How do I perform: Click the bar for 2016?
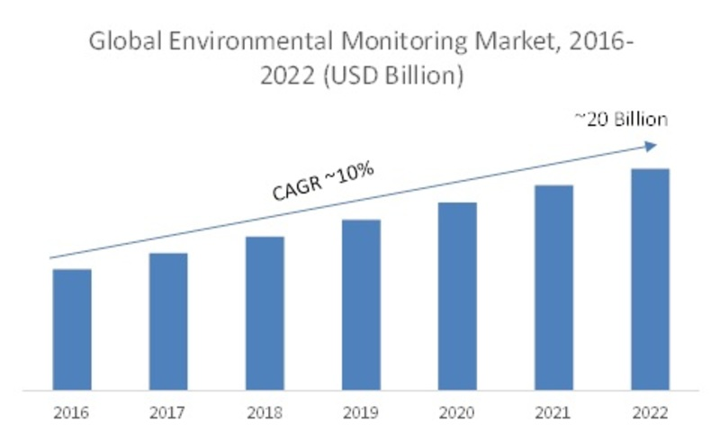[x=72, y=330]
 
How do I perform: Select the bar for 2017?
[x=168, y=322]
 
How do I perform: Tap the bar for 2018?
[x=265, y=314]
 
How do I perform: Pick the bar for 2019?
[x=361, y=305]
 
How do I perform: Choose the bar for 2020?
[x=457, y=297]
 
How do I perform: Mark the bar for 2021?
[x=553, y=288]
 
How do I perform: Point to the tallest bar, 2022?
[x=650, y=280]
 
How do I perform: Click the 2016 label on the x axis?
[x=72, y=414]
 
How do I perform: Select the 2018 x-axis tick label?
[x=265, y=414]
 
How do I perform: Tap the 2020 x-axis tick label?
[x=457, y=414]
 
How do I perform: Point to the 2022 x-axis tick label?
[x=650, y=414]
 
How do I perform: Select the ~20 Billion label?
[x=622, y=120]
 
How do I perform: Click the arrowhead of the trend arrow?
[x=653, y=145]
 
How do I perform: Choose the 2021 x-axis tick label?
[x=553, y=414]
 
